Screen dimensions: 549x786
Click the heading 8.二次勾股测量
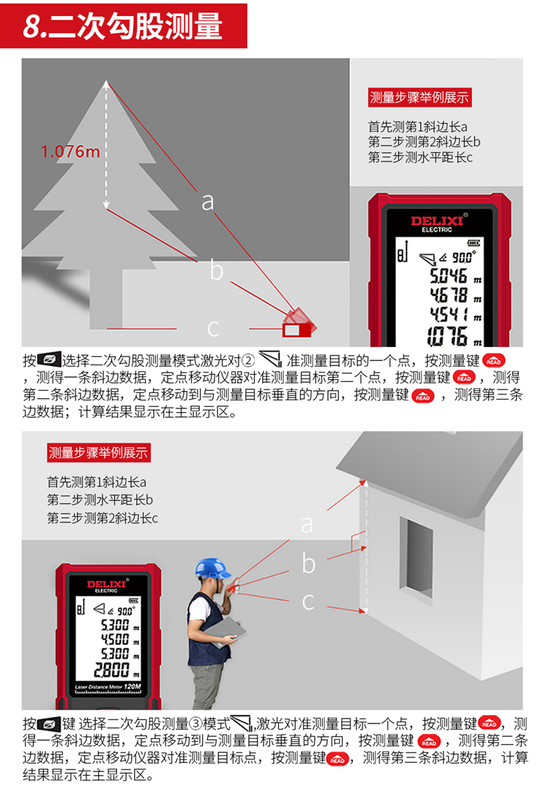[123, 26]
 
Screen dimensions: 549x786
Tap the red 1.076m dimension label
[70, 151]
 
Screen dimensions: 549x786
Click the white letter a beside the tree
[208, 201]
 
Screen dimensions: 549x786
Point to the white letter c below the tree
[213, 329]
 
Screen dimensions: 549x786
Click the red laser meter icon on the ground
[299, 323]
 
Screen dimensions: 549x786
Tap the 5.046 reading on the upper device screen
[448, 276]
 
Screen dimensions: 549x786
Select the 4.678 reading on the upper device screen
[448, 295]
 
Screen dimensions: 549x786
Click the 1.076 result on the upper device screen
[447, 336]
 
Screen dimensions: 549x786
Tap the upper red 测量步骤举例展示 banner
[419, 97]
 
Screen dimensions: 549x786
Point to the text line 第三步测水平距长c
[420, 158]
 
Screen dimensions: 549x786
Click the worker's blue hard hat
[212, 569]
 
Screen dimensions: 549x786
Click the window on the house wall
[416, 556]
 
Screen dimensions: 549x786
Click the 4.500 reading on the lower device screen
[115, 640]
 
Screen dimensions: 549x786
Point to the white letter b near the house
[309, 563]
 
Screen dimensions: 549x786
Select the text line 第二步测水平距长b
[100, 500]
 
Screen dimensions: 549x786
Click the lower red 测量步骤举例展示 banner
[99, 453]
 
